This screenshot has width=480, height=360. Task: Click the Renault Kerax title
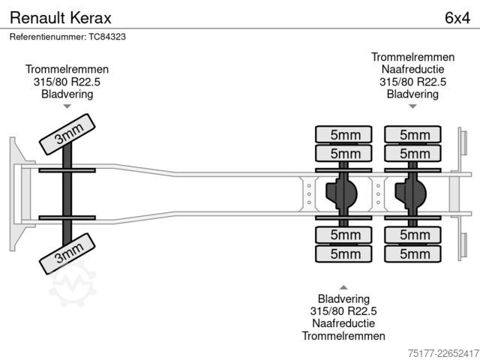pos(61,18)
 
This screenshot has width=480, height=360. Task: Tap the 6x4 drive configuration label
pos(457,18)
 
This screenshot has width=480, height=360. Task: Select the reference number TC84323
pos(107,37)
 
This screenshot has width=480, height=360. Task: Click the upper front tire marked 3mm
pos(67,134)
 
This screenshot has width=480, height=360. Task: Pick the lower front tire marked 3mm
pos(67,253)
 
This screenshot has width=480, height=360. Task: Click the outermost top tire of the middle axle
pos(343,134)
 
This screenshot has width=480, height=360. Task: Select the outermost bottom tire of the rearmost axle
pos(412,253)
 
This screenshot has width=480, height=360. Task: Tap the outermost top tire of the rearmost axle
pos(412,134)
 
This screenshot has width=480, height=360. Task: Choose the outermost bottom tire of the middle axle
pos(343,253)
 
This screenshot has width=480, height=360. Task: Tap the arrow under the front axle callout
pos(67,106)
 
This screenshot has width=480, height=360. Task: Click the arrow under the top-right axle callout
pos(412,106)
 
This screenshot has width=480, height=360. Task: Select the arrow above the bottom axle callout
pos(343,287)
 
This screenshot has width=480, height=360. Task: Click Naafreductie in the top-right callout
pos(412,69)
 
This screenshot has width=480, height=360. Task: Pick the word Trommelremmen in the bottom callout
pos(343,336)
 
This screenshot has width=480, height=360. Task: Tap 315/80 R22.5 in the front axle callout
pos(67,82)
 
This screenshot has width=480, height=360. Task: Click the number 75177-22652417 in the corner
pos(443,353)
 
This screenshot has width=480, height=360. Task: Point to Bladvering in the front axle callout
pos(67,94)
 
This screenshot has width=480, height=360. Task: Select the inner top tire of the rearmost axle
pos(412,153)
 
